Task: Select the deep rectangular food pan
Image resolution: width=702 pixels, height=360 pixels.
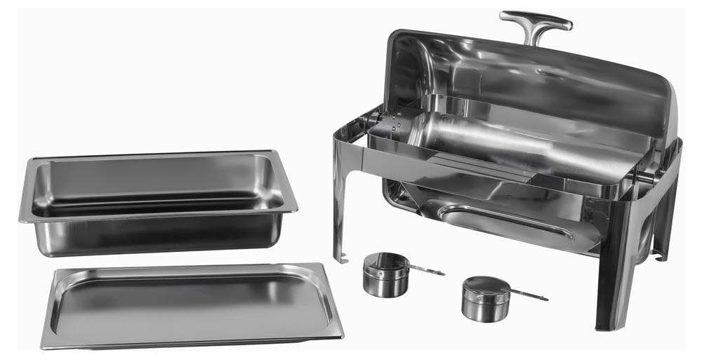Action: (158, 204)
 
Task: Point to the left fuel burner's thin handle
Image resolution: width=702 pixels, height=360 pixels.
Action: (426, 268)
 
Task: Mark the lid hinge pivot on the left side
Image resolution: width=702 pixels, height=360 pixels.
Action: (371, 119)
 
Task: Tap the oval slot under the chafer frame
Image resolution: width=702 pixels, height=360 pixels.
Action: (505, 221)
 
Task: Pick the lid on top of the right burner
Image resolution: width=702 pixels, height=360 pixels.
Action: (484, 287)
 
